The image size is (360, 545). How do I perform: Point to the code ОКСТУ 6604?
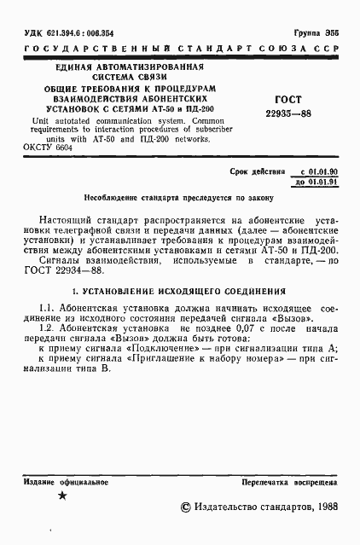coord(49,147)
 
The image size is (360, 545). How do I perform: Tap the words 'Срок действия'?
coord(257,171)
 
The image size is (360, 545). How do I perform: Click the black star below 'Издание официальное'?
coord(61,496)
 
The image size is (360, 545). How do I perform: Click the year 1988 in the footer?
coord(323,507)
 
